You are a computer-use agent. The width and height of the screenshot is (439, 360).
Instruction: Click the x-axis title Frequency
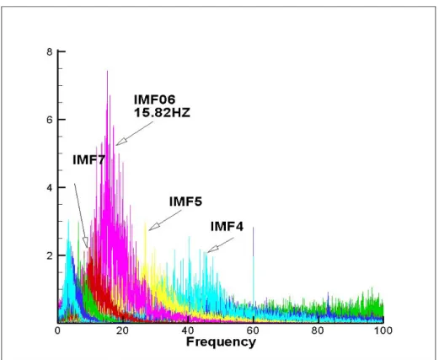pos(221,342)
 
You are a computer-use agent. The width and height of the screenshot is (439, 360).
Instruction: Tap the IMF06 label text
pos(155,99)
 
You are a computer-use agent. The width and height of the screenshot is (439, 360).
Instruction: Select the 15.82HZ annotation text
pos(162,113)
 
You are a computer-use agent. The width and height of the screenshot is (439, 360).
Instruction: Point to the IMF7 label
pos(88,160)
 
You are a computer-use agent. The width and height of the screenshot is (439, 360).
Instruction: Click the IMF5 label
pos(185,201)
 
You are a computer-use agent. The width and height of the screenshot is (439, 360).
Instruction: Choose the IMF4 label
pos(227,227)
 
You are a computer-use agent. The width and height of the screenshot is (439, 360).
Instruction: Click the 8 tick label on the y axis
pos(50,52)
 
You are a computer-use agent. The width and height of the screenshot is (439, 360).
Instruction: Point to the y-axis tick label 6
pos(50,120)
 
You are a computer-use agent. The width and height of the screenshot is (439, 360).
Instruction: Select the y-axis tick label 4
pos(50,188)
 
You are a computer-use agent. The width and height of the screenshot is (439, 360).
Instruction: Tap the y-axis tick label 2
pos(50,255)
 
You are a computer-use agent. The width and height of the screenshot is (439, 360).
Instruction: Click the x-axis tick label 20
pos(123,330)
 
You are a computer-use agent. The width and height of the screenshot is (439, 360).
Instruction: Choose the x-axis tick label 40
pos(188,330)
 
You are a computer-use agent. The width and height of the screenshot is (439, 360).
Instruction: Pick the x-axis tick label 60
pos(253,330)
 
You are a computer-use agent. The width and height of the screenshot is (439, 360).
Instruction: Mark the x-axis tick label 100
pos(383,330)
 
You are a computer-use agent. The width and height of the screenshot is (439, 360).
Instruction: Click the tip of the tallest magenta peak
pos(107,71)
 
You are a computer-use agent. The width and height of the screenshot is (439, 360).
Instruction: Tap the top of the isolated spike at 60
pos(254,227)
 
